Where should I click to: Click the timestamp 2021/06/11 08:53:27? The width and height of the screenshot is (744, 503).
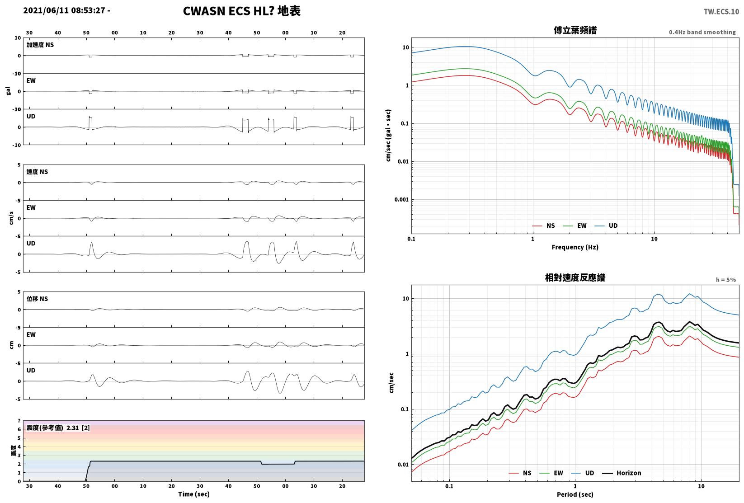tap(64, 10)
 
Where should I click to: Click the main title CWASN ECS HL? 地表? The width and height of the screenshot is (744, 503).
tap(241, 11)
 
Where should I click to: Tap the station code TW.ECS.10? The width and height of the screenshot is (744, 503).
tap(721, 12)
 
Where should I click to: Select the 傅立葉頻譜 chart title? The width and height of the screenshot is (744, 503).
tap(575, 30)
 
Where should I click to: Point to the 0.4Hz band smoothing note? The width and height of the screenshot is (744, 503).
tap(702, 32)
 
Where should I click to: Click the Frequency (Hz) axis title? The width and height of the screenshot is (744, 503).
tap(575, 247)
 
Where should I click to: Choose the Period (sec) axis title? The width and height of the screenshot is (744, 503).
tap(575, 494)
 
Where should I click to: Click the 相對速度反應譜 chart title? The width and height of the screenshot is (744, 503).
tap(575, 277)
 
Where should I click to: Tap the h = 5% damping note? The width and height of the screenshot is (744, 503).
tap(726, 280)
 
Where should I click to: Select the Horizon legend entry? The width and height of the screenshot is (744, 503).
tap(622, 473)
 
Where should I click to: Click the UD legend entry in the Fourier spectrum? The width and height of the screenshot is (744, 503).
tap(606, 226)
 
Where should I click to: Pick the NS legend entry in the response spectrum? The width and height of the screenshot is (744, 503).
tap(520, 473)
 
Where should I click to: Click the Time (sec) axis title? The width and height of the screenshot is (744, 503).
tap(193, 494)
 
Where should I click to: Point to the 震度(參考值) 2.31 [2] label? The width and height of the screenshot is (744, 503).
tap(58, 428)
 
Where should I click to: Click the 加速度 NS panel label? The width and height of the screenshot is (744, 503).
tap(40, 45)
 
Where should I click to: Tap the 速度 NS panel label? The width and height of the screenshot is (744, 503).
tap(37, 172)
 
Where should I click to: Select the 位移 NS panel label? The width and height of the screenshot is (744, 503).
tap(37, 299)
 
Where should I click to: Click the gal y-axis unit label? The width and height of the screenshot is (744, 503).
tap(8, 91)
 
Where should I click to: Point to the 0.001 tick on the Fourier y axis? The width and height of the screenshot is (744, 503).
tap(401, 200)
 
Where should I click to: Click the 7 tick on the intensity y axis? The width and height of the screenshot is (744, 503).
tap(19, 421)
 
